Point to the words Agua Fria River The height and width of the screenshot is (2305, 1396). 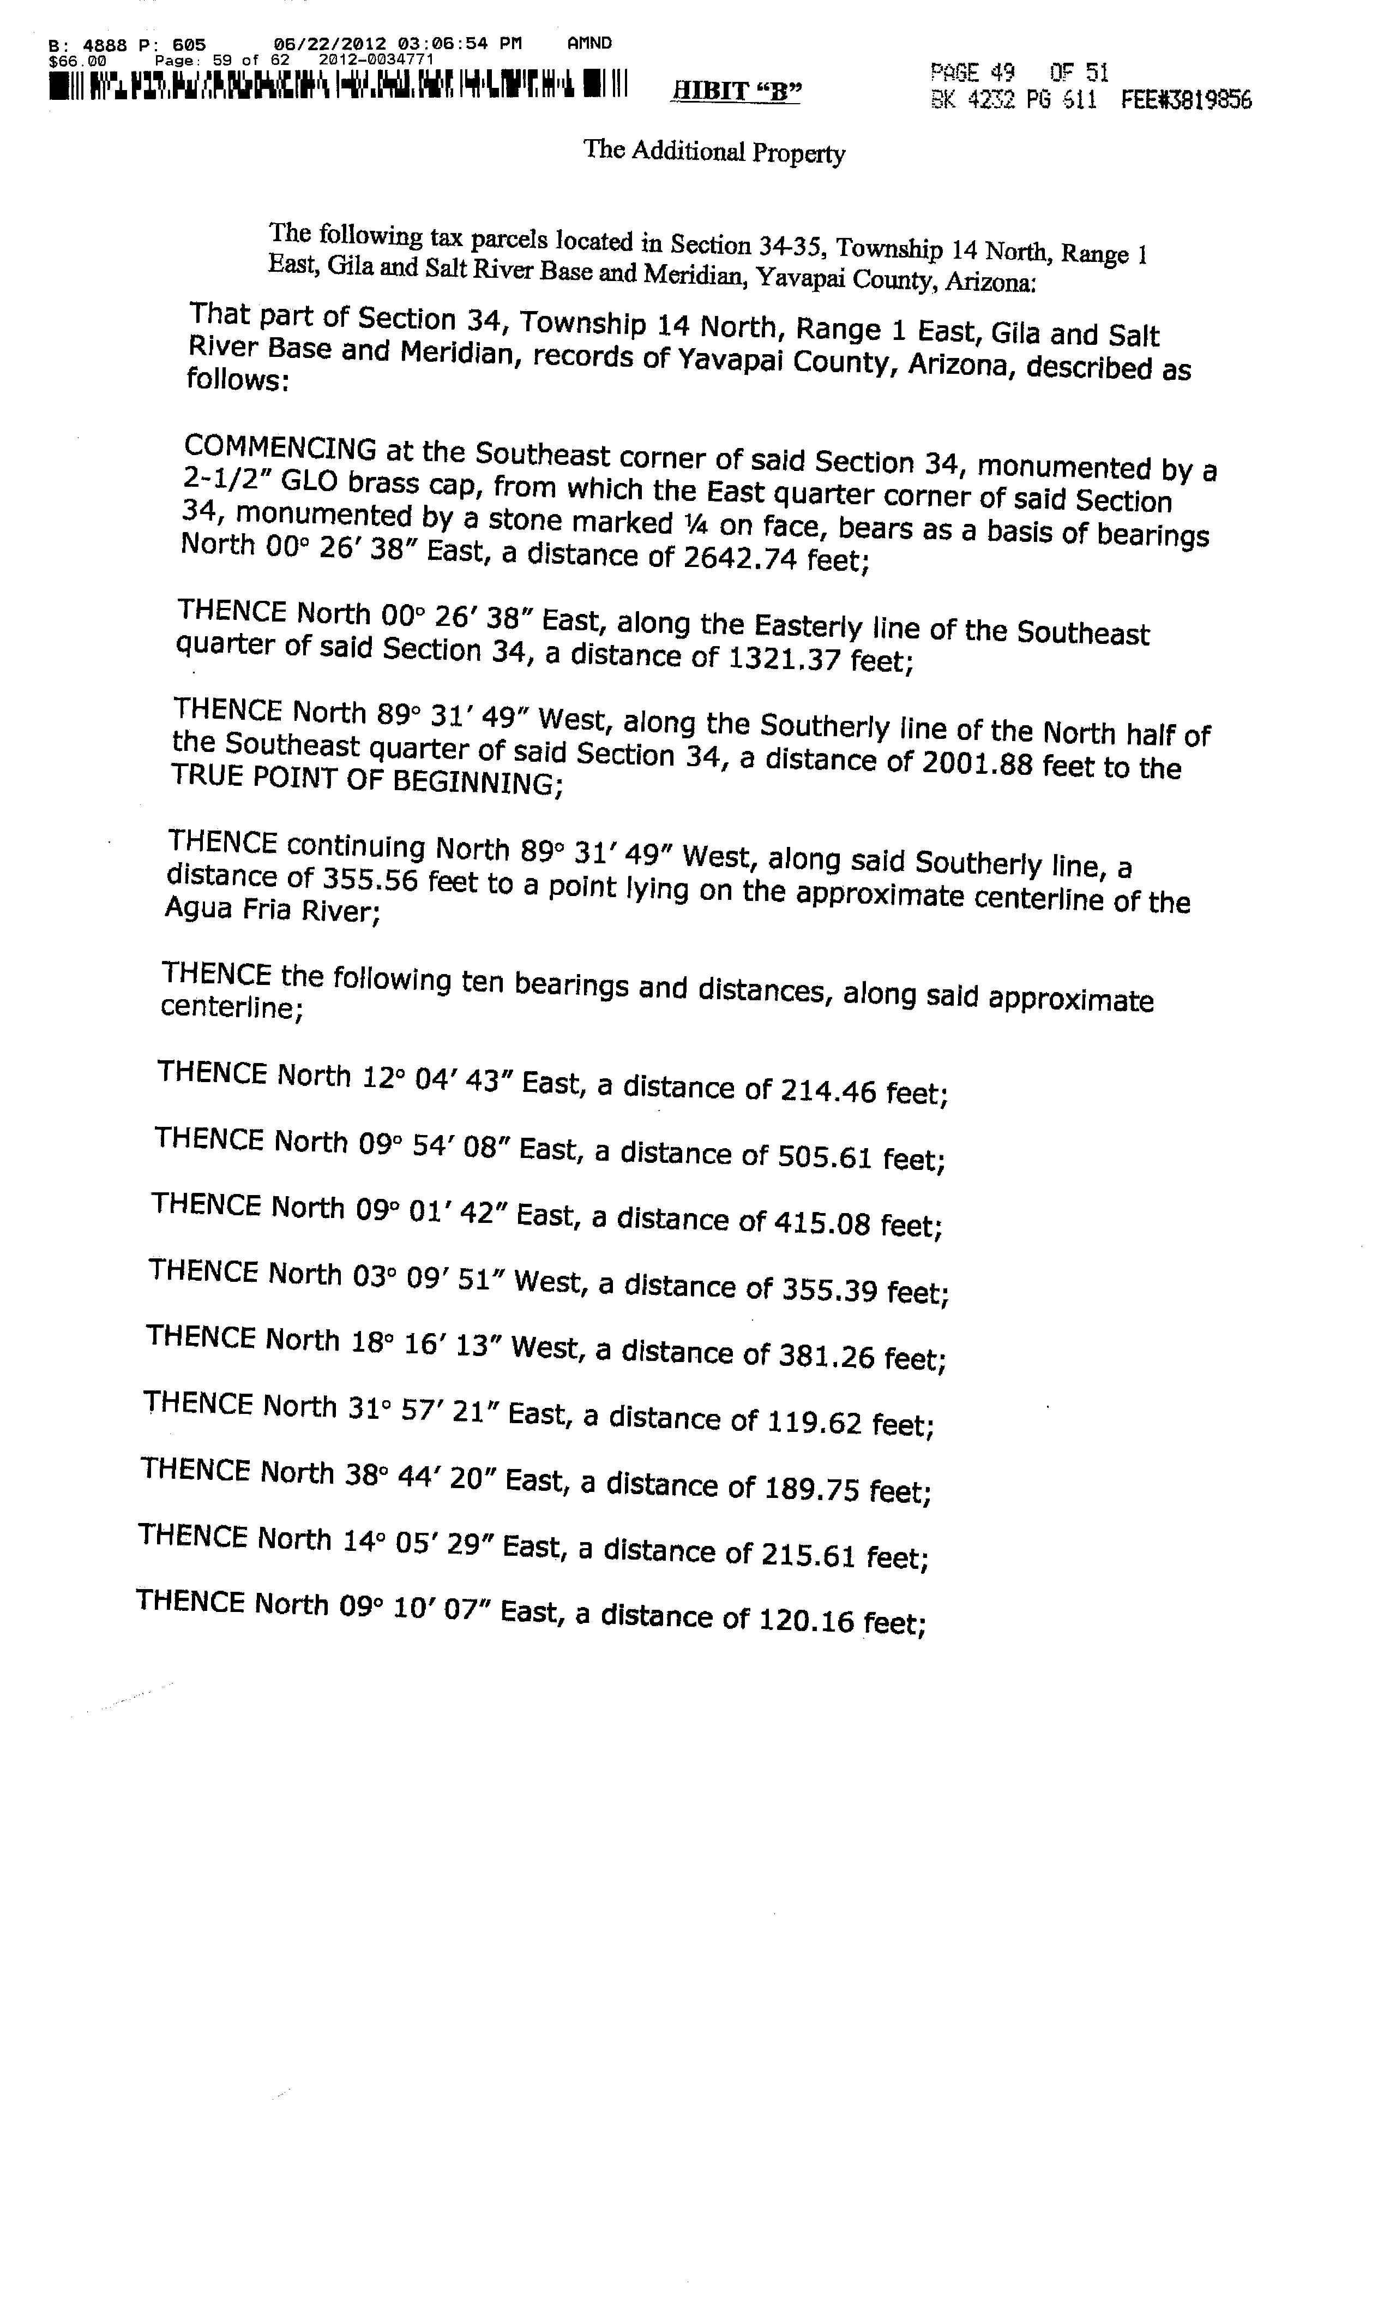(x=269, y=909)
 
